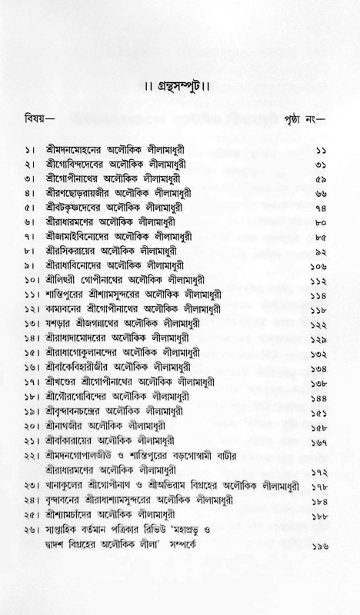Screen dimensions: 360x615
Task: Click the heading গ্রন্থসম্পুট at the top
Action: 179,77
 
